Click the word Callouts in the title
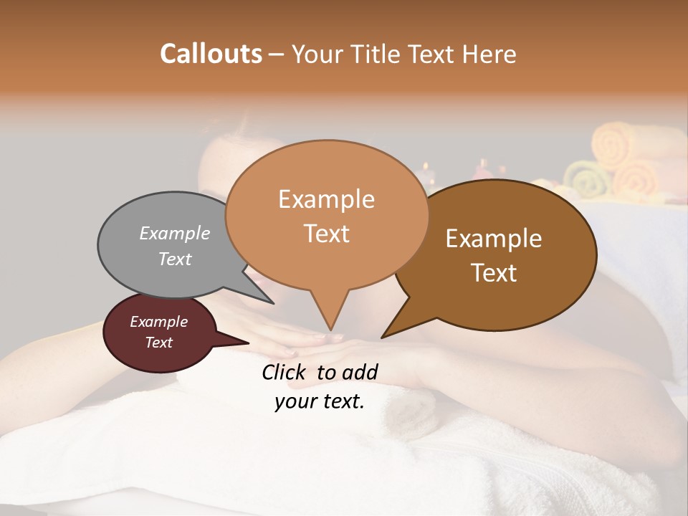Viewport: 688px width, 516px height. click(x=211, y=54)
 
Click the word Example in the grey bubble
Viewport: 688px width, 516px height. click(x=175, y=233)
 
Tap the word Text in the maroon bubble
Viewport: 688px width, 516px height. click(x=159, y=343)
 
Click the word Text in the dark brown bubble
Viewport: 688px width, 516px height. click(x=494, y=273)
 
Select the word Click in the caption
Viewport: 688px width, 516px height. click(x=285, y=372)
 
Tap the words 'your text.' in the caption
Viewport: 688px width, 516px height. click(x=320, y=401)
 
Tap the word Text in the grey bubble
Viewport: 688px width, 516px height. click(x=175, y=259)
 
